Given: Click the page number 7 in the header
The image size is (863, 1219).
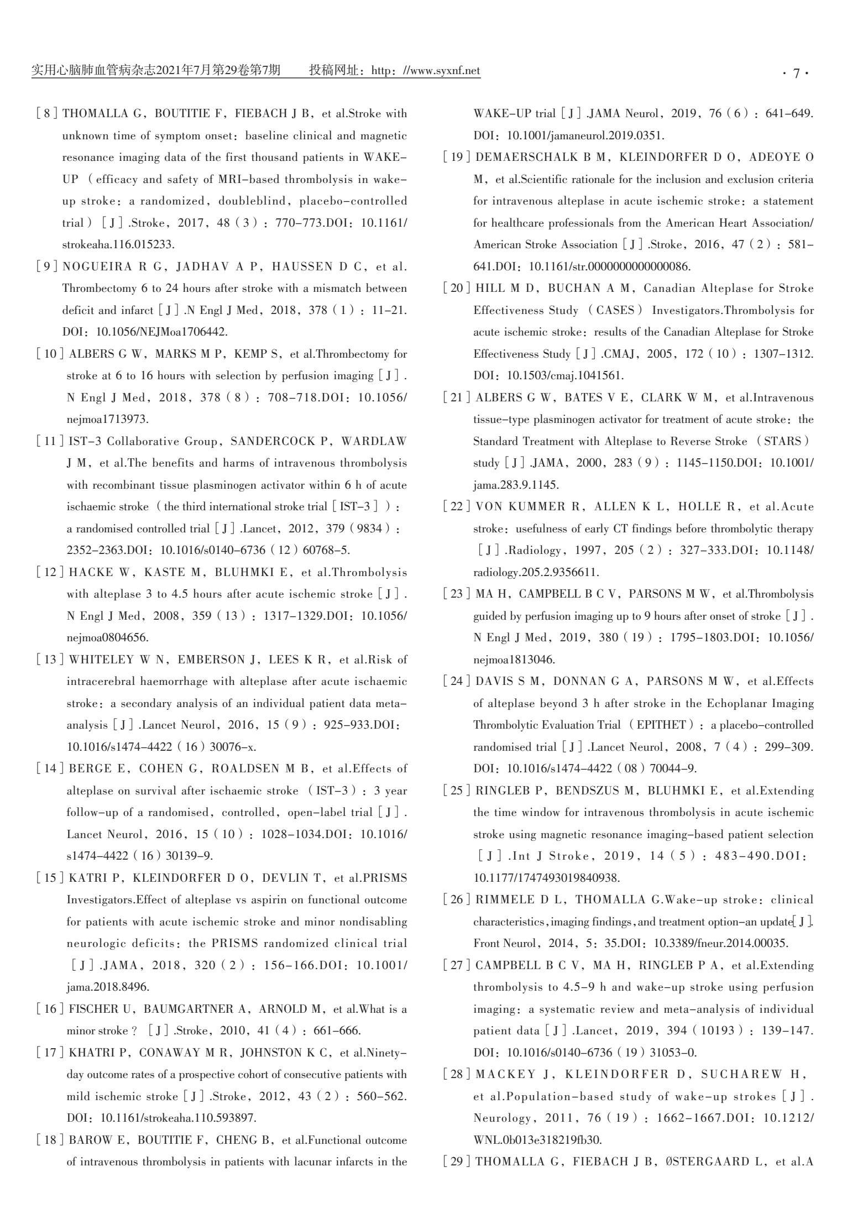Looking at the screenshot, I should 796,72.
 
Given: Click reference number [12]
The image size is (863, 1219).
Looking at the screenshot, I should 50,572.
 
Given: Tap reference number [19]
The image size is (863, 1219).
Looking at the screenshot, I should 457,158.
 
